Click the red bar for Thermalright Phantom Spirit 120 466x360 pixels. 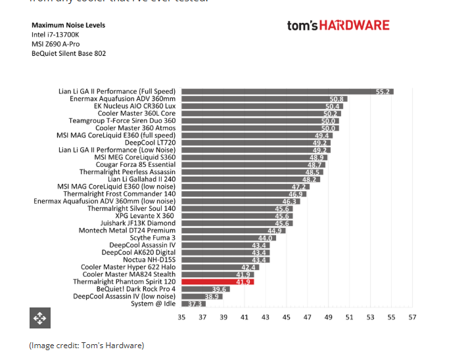217,282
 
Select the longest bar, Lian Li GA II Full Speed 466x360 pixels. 287,91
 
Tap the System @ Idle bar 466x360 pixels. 193,304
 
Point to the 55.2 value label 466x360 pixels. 384,92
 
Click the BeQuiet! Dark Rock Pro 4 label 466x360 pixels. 136,289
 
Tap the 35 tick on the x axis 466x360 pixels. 181,317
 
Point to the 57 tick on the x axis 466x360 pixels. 412,317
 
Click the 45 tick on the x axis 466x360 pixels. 287,317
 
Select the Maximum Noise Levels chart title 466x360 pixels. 68,26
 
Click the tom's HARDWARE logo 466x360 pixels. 338,26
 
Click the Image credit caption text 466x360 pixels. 86,346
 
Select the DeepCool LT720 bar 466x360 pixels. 255,143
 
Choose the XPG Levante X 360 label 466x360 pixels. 145,216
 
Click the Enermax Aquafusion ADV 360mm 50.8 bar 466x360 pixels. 263,99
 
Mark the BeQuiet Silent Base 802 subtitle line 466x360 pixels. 68,53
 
